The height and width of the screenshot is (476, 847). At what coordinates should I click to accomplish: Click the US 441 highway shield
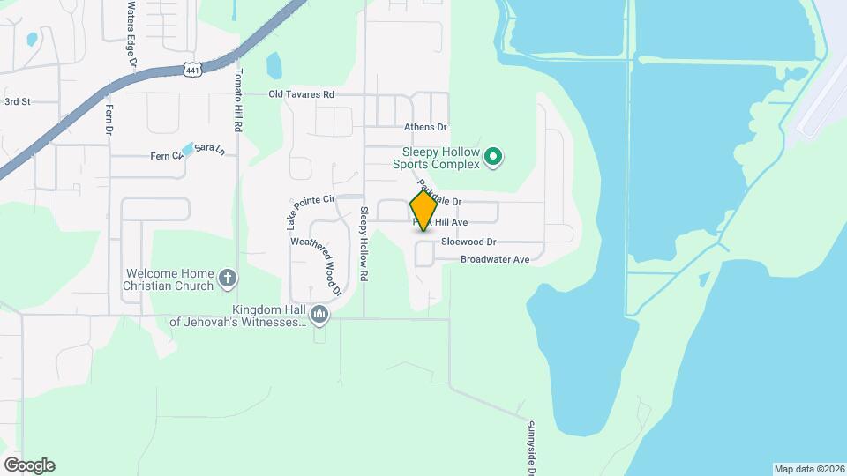(x=194, y=68)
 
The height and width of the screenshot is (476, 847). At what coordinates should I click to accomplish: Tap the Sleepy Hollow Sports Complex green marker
(x=494, y=159)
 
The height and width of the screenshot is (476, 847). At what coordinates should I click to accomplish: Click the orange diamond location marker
(x=423, y=210)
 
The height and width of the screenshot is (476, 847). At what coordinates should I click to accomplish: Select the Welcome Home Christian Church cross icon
(x=228, y=279)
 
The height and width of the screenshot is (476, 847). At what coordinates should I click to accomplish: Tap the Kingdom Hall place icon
(x=319, y=315)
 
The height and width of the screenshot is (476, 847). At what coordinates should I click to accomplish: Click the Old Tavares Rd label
(x=302, y=94)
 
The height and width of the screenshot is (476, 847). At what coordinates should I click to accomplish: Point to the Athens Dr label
(x=426, y=128)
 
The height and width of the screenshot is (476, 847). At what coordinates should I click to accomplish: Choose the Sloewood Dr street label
(x=469, y=242)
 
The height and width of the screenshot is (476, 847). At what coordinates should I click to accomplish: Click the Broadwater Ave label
(x=494, y=259)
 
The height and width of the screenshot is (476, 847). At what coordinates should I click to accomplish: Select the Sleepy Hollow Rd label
(x=364, y=244)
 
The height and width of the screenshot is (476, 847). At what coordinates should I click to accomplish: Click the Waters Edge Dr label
(x=131, y=33)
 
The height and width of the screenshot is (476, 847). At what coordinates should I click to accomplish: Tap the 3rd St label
(x=18, y=102)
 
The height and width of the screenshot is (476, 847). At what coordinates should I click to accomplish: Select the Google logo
(x=29, y=465)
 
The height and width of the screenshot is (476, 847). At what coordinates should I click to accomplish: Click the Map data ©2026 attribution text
(x=808, y=469)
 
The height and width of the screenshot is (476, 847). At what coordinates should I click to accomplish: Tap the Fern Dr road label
(x=110, y=119)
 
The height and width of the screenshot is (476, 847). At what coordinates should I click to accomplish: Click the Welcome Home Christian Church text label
(x=169, y=279)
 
